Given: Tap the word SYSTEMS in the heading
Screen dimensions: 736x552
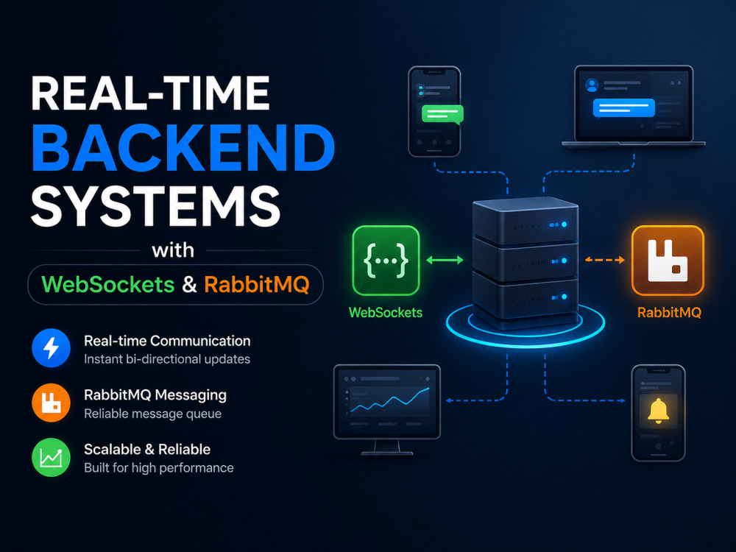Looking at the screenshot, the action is [x=156, y=205].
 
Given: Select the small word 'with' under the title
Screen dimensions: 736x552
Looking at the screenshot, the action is [x=173, y=250].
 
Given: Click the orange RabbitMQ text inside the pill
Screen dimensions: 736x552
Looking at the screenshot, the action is [x=257, y=284].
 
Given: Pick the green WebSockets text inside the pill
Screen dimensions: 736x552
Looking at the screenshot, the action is [x=108, y=284].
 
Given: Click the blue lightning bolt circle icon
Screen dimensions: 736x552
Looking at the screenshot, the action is [x=52, y=348].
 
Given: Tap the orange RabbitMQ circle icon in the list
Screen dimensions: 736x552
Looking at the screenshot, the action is [x=52, y=403].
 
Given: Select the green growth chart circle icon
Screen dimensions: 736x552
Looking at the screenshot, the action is [x=52, y=457].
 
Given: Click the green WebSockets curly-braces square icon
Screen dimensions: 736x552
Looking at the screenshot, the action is [x=386, y=261].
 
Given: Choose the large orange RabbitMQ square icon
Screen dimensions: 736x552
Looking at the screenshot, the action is [x=668, y=261].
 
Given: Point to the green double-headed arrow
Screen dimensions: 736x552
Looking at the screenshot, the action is [x=445, y=260].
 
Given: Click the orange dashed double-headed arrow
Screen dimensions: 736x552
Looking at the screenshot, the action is [x=604, y=260].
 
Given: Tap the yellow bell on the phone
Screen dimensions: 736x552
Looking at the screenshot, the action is [x=658, y=411].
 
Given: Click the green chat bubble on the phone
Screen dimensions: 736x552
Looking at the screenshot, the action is [x=442, y=114].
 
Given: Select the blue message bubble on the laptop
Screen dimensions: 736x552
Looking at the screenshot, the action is [x=624, y=108].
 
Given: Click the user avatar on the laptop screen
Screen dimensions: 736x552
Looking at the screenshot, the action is [x=592, y=85].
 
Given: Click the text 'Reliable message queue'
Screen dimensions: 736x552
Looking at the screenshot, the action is [x=152, y=414].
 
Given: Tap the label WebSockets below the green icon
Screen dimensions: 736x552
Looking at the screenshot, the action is [x=386, y=313].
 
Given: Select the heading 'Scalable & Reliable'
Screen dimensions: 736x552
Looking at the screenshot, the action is [x=147, y=449].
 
